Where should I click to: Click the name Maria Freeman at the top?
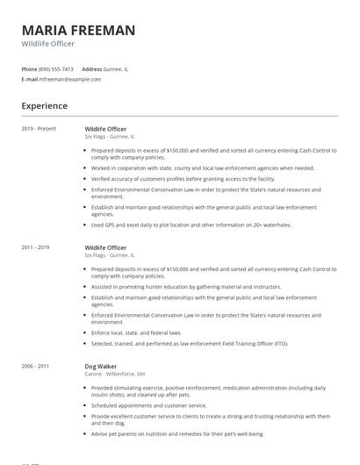(x=78, y=31)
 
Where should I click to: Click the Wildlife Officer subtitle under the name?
(x=48, y=44)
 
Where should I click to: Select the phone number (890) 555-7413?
(x=56, y=68)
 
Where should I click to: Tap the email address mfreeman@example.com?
(x=70, y=79)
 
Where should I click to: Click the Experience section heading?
(x=45, y=106)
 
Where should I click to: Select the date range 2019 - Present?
(x=39, y=129)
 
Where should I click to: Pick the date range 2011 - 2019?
(x=36, y=248)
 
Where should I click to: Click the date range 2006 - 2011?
(x=36, y=366)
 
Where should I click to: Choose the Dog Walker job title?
(x=101, y=366)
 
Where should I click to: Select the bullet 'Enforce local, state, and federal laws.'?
(x=136, y=333)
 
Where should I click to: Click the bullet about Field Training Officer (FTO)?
(x=189, y=343)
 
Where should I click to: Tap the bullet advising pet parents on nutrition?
(x=177, y=433)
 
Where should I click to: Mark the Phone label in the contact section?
(x=29, y=68)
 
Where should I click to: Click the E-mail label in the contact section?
(x=30, y=79)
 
